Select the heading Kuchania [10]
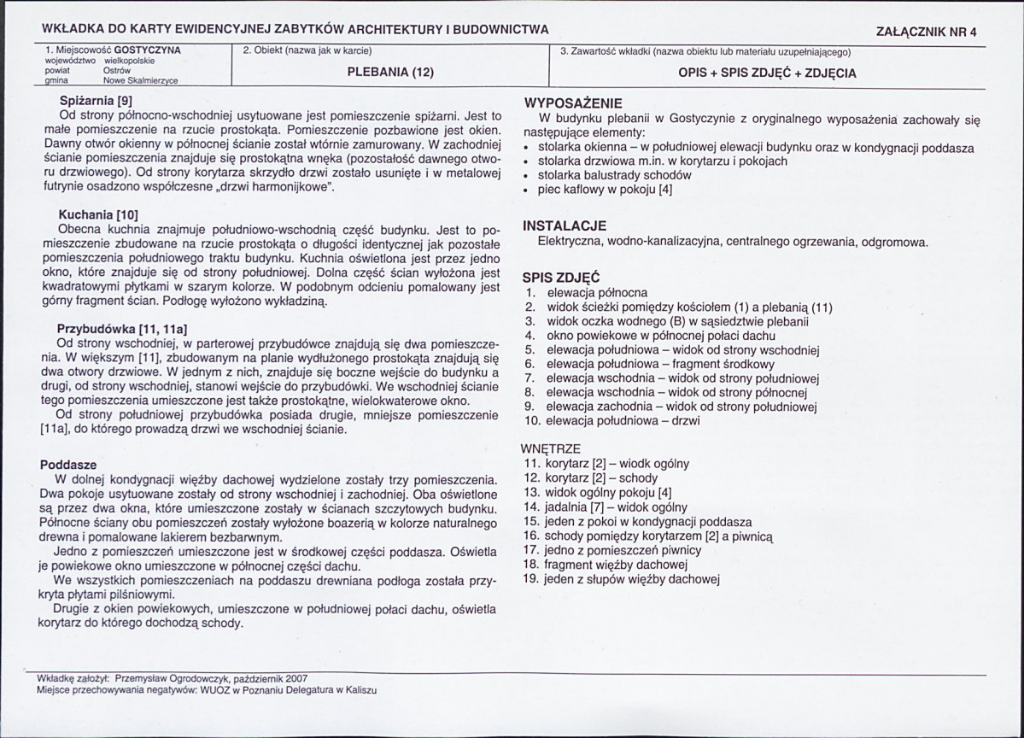[x=98, y=214]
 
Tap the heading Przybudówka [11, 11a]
[x=122, y=328]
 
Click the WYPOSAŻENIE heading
[x=573, y=102]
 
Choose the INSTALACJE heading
[x=565, y=226]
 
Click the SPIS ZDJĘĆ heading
[x=561, y=278]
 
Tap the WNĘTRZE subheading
[x=550, y=448]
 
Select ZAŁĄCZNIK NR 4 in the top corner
[x=927, y=32]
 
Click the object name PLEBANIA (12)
[x=390, y=73]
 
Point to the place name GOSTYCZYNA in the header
[x=147, y=50]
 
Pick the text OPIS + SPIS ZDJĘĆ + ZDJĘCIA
[x=767, y=73]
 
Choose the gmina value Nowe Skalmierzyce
[x=140, y=80]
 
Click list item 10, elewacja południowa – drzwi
[x=623, y=421]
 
